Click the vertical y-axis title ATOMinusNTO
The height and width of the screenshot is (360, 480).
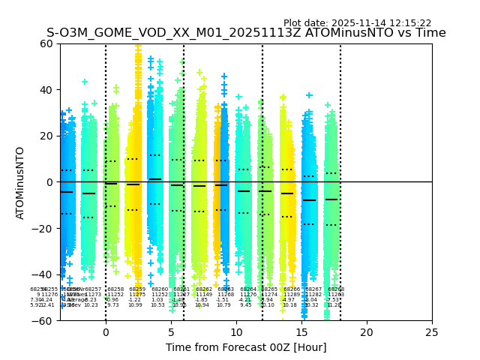[21, 182]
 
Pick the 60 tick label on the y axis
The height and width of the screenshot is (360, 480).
[46, 43]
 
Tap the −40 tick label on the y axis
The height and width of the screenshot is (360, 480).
[43, 274]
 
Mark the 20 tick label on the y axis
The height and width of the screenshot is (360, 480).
[46, 136]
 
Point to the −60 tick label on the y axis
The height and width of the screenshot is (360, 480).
[43, 320]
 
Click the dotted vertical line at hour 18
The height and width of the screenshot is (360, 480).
[340, 150]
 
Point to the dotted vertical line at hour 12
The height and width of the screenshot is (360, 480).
[262, 150]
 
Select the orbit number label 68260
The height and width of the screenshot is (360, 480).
[160, 289]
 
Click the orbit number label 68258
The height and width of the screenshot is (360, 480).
[115, 289]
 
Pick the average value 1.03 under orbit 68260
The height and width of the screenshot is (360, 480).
[157, 300]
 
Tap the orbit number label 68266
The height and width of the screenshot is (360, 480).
[292, 289]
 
